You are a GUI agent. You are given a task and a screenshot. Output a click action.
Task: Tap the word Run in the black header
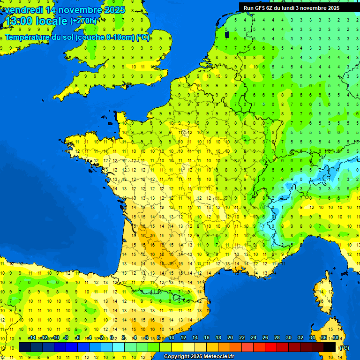(x=248, y=8)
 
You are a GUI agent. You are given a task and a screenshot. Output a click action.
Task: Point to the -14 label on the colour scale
(x=32, y=338)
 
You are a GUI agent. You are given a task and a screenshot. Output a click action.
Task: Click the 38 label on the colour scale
(x=336, y=338)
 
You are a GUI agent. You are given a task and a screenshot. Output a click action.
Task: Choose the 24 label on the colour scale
(x=254, y=338)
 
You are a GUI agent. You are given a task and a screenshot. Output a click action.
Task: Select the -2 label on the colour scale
(x=101, y=338)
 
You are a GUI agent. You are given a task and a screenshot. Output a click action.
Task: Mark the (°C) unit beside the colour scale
(x=344, y=348)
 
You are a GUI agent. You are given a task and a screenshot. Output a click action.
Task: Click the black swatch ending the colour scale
(x=330, y=347)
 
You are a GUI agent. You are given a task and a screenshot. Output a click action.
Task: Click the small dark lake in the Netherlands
(x=227, y=34)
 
